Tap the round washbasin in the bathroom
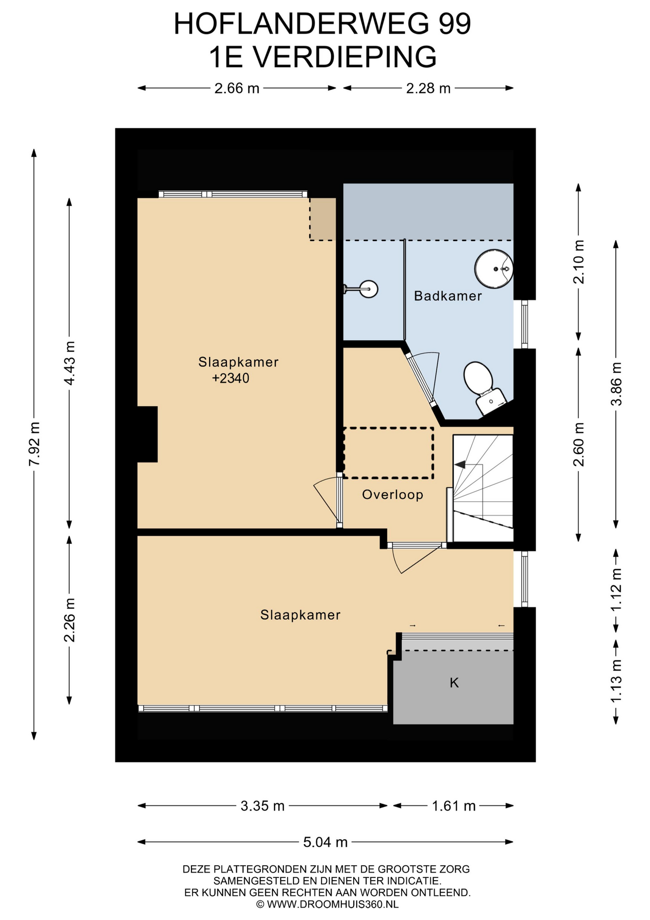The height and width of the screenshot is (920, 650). coord(494,269)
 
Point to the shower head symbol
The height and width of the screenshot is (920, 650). coord(361,289)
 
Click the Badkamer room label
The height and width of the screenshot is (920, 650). coord(448,296)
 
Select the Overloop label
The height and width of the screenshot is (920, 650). coord(392,494)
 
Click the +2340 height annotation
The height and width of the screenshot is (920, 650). coord(231,379)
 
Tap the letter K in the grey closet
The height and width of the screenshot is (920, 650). coord(454,683)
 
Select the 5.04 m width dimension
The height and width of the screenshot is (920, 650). coord(325,842)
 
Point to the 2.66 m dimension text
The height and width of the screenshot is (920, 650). coord(237,88)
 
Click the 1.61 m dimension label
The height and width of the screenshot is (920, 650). coord(454,806)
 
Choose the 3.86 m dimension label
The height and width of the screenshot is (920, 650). coord(616,384)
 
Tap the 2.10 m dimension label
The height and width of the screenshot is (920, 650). coord(579,262)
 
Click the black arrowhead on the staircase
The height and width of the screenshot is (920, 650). coord(460,464)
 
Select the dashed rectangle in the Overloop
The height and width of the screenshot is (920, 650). coord(388,453)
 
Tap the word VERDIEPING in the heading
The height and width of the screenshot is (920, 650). coord(345,57)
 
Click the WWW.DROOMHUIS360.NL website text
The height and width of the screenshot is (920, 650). coord(333,904)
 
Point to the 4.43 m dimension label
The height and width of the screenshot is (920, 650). coord(70,363)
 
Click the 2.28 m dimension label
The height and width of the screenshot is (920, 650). coord(428,88)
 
